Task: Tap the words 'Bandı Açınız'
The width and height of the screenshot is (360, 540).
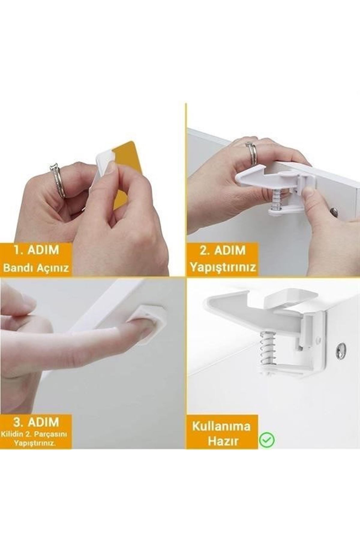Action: pyautogui.click(x=36, y=268)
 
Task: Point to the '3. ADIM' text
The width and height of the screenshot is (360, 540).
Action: pyautogui.click(x=36, y=422)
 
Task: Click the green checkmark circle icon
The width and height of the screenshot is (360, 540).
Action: pyautogui.click(x=267, y=440)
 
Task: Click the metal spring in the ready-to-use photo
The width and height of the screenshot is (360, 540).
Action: pyautogui.click(x=267, y=349)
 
